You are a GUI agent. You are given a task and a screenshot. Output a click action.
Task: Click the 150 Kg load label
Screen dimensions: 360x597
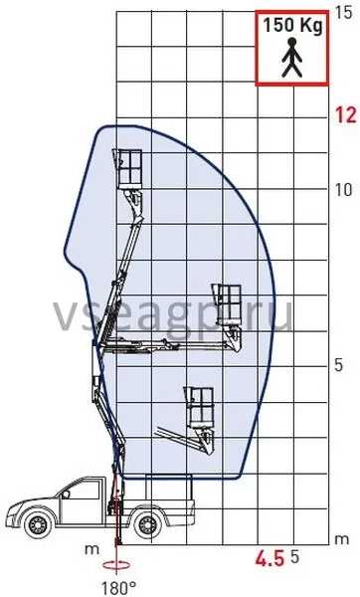(292, 26)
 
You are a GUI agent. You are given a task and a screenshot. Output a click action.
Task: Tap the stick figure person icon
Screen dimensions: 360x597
(292, 58)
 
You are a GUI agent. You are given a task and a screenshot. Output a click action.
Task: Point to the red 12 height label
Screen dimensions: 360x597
(345, 114)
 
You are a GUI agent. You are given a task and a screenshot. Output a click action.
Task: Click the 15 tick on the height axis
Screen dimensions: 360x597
(344, 13)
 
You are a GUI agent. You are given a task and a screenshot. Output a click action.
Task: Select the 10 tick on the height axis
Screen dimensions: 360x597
(343, 189)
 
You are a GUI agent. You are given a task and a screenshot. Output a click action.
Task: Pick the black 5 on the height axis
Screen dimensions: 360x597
(338, 365)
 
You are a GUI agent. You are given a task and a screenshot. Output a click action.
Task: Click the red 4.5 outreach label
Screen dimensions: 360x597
(270, 559)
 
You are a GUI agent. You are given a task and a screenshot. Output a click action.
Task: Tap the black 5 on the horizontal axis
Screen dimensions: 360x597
(294, 557)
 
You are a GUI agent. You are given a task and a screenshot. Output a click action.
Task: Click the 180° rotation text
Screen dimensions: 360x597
(118, 588)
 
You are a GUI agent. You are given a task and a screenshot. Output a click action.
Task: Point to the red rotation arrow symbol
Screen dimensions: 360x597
(116, 566)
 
